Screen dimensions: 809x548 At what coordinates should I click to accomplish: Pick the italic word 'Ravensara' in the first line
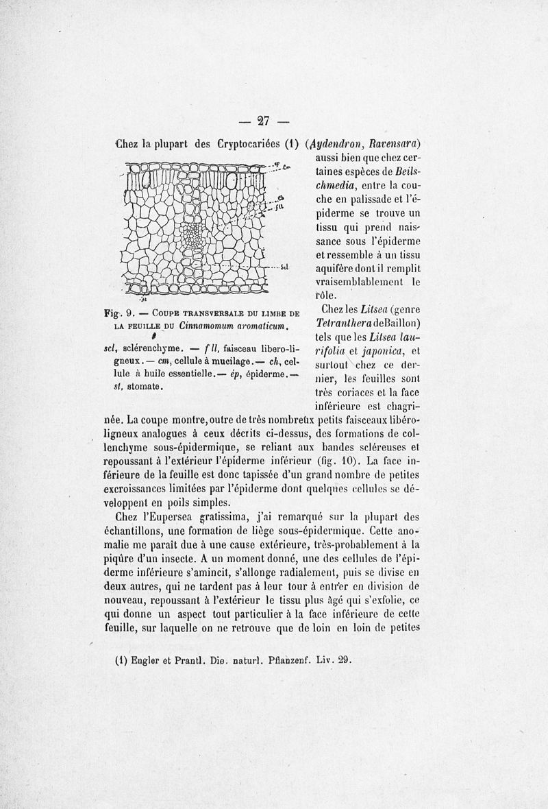click(x=395, y=145)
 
